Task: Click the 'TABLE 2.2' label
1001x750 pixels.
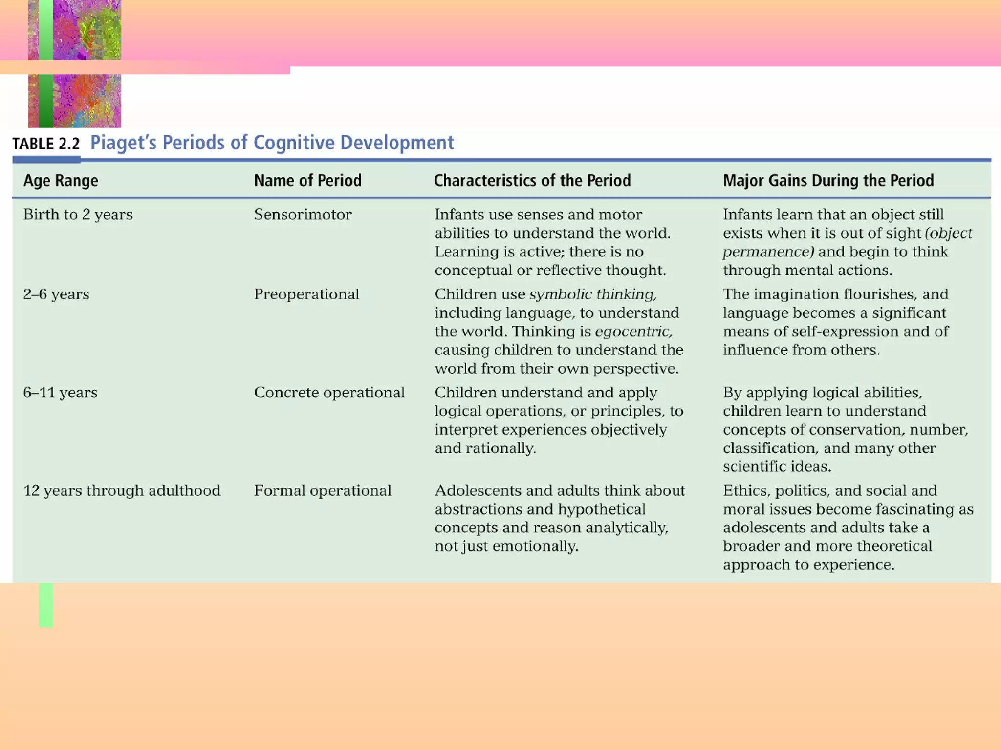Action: click(46, 144)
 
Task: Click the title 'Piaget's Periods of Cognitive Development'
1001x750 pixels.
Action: click(272, 143)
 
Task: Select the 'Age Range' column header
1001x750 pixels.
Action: click(61, 181)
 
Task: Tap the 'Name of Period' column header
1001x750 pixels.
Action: click(307, 181)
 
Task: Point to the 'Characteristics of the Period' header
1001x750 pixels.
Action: click(532, 181)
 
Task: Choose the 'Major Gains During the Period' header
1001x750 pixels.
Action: click(828, 181)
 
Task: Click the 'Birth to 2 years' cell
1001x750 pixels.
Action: click(78, 215)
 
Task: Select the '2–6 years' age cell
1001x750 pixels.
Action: click(56, 294)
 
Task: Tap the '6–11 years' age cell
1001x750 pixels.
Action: click(60, 393)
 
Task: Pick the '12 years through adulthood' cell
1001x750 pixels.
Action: click(122, 491)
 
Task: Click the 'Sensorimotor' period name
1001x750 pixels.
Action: click(303, 215)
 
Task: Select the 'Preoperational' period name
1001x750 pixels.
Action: click(306, 294)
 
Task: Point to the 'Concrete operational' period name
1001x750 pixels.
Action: click(329, 393)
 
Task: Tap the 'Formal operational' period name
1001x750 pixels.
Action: click(323, 491)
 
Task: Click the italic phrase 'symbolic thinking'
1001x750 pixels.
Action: click(593, 294)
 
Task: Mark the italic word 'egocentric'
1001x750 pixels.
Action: click(633, 332)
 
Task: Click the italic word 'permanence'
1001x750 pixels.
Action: click(768, 252)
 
